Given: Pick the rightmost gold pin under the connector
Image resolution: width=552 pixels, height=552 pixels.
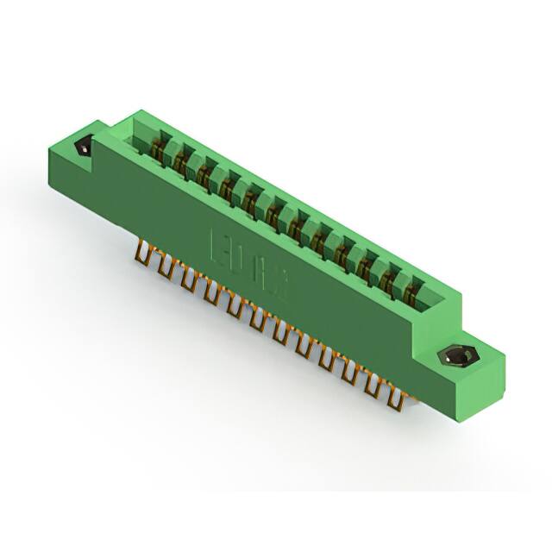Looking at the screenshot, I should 398,398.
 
